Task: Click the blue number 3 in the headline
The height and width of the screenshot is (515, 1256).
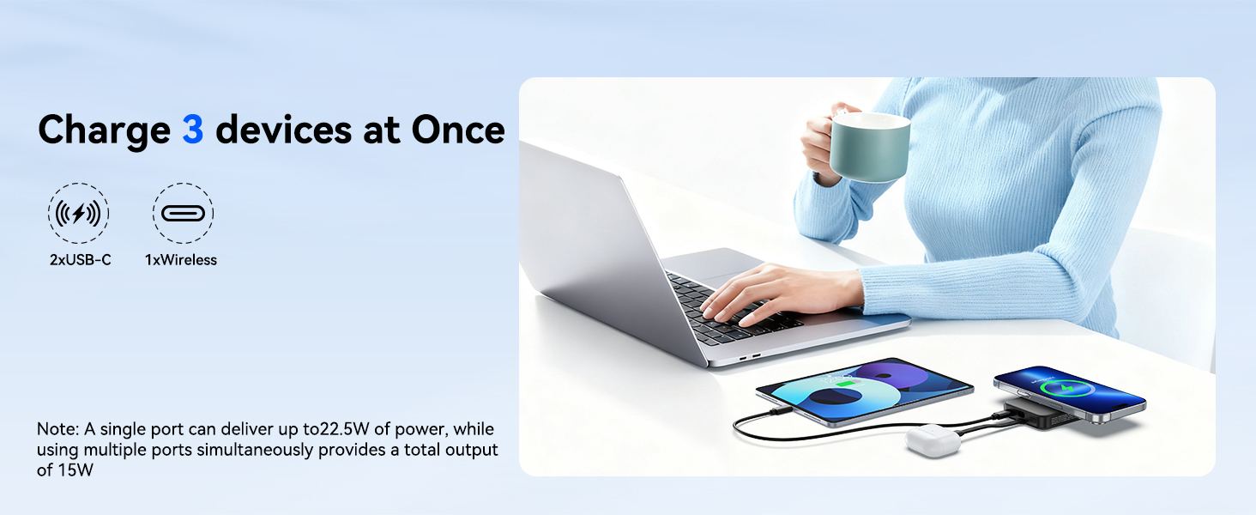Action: (192, 130)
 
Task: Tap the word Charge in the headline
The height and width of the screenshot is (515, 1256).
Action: (105, 131)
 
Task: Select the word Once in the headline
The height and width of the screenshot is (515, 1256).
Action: (458, 130)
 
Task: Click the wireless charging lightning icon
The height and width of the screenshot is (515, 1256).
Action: (78, 213)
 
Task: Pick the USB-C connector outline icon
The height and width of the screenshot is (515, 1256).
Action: (183, 213)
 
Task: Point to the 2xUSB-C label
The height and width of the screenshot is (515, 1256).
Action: (80, 260)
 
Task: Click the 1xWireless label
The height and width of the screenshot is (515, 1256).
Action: (180, 260)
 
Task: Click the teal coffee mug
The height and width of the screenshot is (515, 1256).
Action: (869, 147)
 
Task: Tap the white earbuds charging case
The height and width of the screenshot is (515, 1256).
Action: (933, 441)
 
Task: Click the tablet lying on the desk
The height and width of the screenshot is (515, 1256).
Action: (863, 391)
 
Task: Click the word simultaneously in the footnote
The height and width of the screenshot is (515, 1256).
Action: (255, 450)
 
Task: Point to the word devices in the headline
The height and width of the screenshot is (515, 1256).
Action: (284, 130)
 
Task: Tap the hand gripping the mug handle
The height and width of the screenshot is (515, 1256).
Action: (821, 143)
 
